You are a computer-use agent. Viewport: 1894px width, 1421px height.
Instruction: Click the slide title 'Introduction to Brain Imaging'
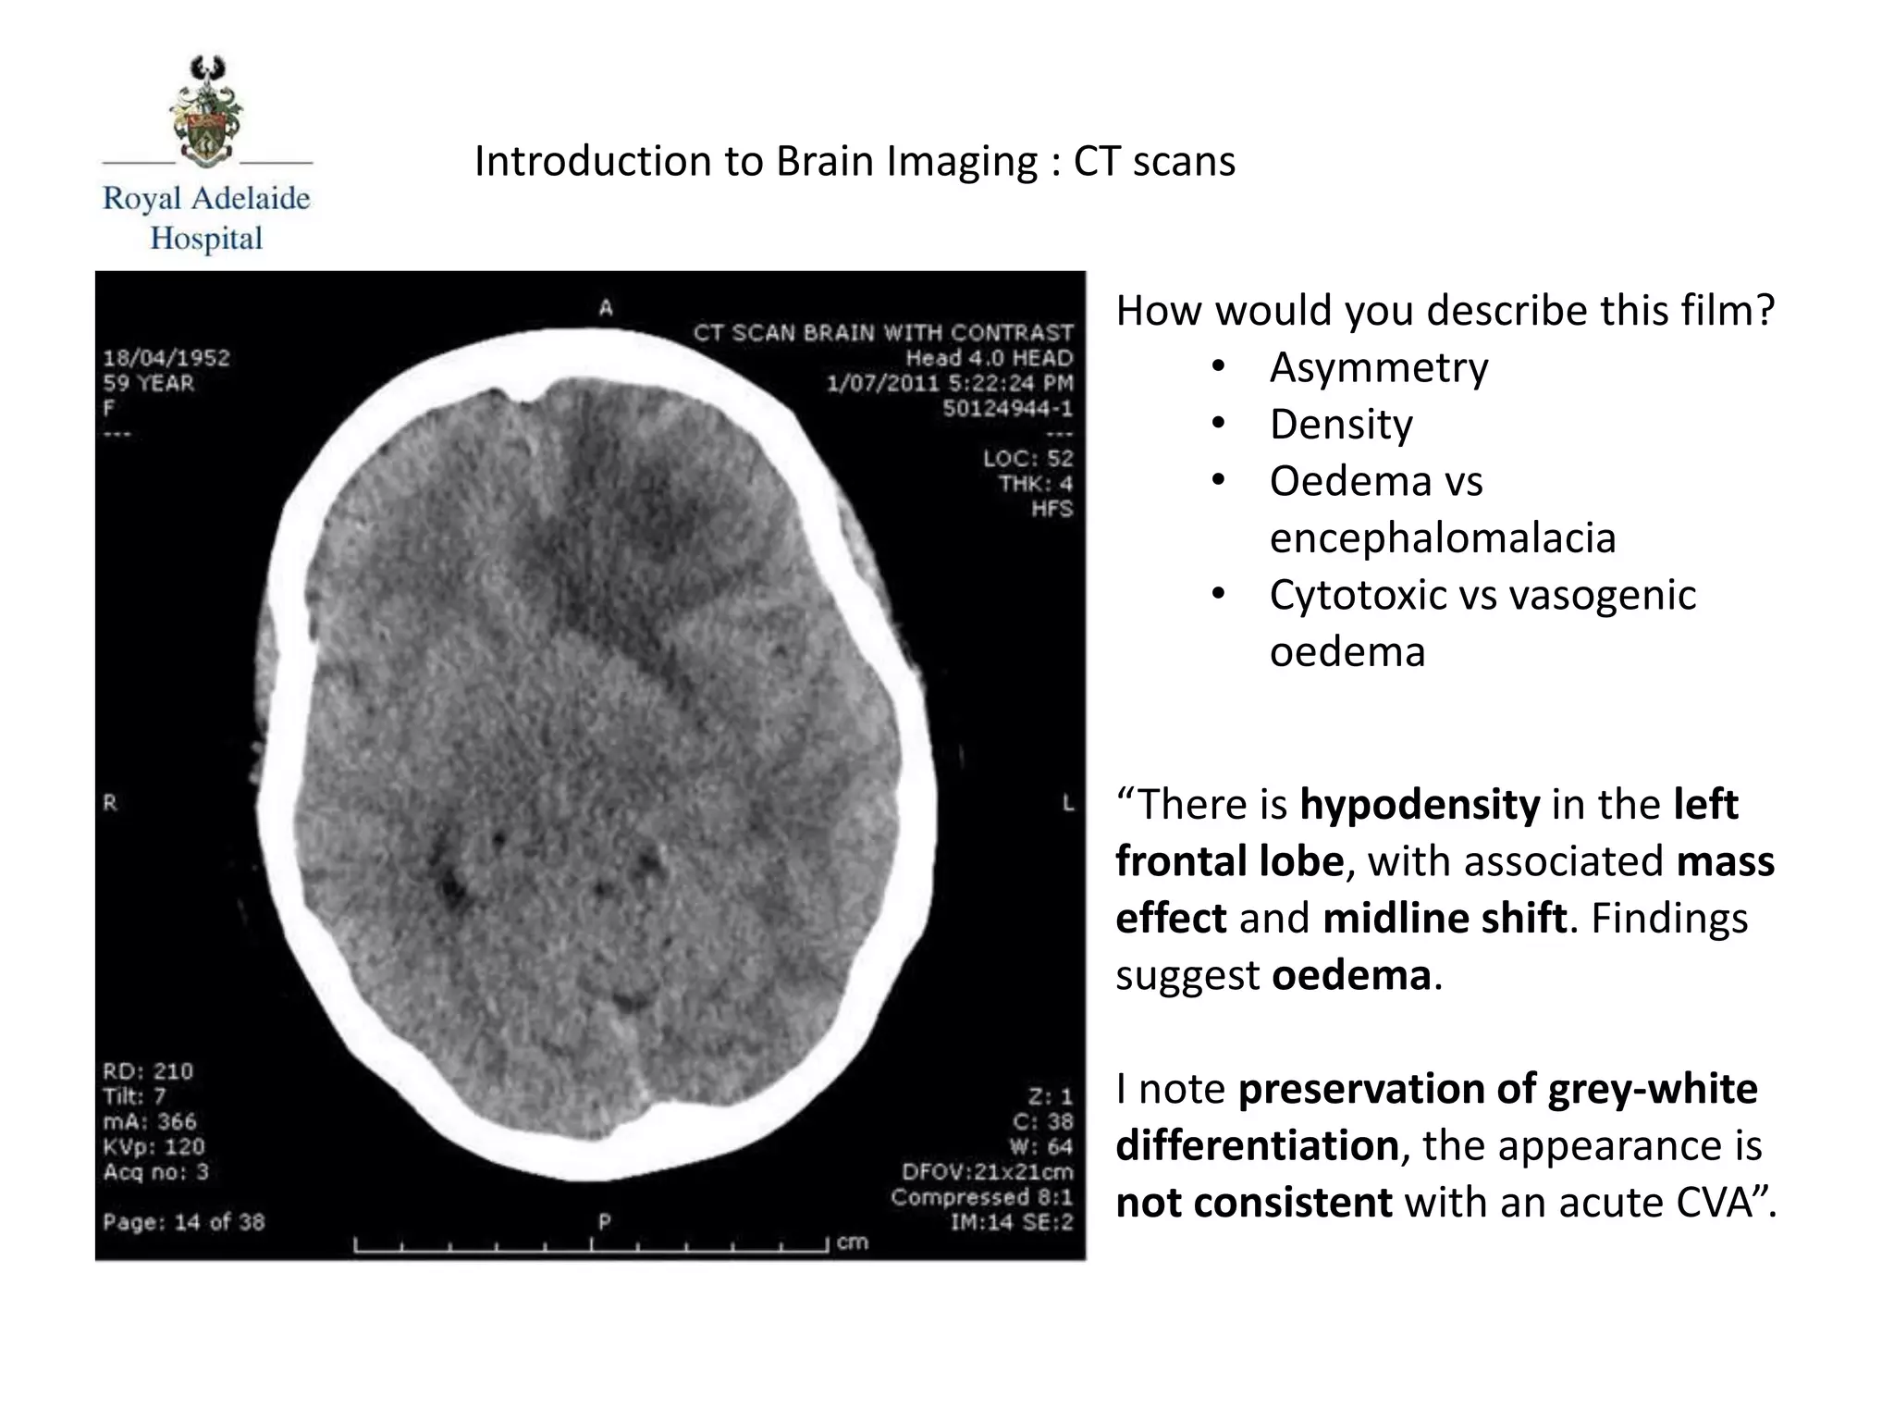[x=756, y=161]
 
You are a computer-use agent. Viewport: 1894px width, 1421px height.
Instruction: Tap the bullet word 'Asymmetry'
[x=1378, y=367]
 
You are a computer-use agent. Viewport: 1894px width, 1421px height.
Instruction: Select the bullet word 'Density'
[x=1340, y=425]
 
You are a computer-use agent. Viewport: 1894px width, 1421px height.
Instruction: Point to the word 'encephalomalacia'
[x=1442, y=538]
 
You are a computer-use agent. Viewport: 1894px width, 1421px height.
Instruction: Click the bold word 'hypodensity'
[x=1420, y=804]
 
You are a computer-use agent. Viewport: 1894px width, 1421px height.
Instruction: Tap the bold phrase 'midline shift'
[x=1445, y=919]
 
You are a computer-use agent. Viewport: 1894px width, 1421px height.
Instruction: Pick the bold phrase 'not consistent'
[x=1253, y=1203]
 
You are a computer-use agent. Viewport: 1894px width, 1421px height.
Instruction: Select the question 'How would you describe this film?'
[x=1445, y=311]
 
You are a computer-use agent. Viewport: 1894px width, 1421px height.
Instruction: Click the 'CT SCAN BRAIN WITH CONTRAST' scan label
[x=883, y=332]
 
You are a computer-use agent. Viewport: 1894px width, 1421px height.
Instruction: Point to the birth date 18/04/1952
[x=166, y=358]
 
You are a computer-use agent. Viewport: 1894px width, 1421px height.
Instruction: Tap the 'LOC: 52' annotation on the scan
[x=1027, y=458]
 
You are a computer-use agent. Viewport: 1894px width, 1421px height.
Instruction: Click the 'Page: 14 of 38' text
[x=184, y=1222]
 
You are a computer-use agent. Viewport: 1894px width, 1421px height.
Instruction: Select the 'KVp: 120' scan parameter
[x=154, y=1147]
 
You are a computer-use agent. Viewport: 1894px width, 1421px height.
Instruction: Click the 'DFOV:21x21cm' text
[x=987, y=1172]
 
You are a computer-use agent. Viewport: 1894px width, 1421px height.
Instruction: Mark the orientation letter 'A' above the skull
[x=606, y=307]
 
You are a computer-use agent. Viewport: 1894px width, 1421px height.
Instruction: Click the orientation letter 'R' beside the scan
[x=110, y=803]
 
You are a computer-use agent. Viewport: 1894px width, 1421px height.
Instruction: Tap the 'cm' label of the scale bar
[x=852, y=1242]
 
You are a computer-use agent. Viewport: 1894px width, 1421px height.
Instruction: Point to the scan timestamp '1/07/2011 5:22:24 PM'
[x=950, y=383]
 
